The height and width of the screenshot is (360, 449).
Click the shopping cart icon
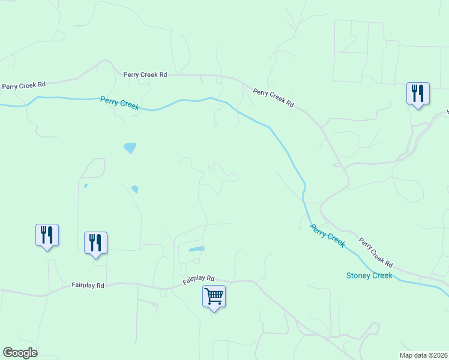click(x=214, y=295)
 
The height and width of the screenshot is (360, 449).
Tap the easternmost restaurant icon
click(x=418, y=93)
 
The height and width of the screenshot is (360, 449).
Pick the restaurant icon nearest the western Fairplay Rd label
click(x=95, y=242)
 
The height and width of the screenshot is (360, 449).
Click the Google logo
click(x=20, y=353)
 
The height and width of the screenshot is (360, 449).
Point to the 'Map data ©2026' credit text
click(x=423, y=355)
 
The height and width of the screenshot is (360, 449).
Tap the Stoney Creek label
click(x=369, y=275)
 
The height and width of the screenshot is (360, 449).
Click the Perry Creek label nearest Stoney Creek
click(x=328, y=235)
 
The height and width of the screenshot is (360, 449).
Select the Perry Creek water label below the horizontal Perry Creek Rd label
click(x=120, y=103)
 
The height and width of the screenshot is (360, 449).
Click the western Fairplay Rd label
click(x=88, y=286)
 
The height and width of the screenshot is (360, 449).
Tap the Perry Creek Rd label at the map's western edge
click(x=24, y=86)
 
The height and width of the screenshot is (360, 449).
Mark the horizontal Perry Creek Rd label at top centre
click(x=145, y=75)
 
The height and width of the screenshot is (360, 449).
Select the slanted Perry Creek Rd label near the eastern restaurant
click(x=273, y=98)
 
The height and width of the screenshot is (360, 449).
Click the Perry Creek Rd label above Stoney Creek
click(x=376, y=253)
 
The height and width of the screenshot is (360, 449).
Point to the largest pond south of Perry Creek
click(x=130, y=148)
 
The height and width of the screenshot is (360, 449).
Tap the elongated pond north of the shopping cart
click(x=196, y=249)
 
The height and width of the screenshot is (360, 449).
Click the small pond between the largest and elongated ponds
click(x=134, y=190)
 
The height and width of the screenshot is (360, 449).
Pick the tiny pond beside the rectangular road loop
click(x=85, y=186)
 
